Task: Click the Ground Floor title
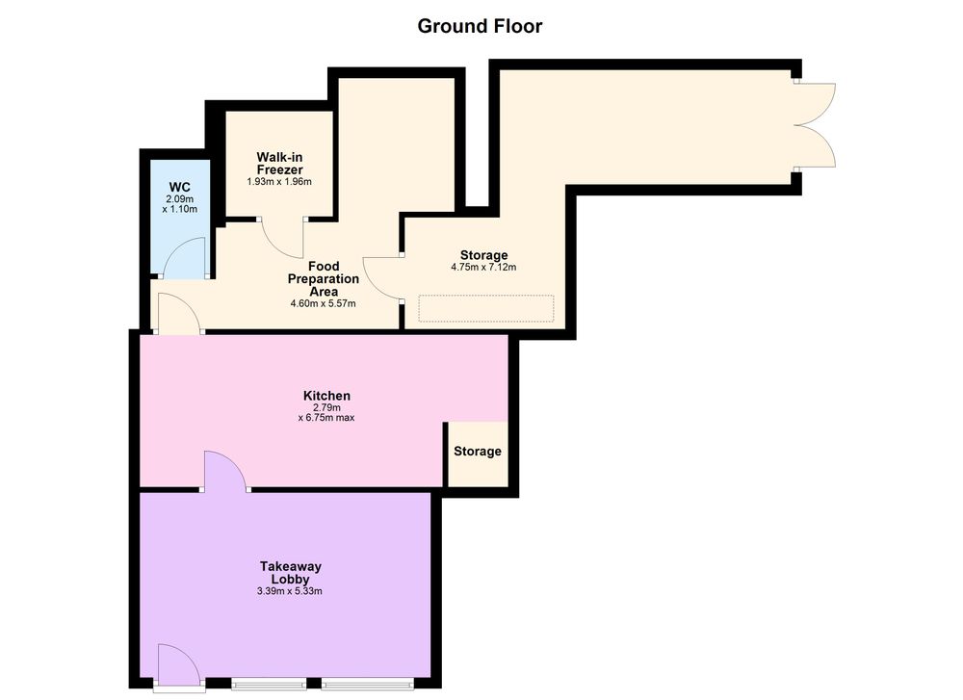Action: point(480,26)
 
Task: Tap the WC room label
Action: point(179,188)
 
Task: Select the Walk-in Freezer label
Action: point(279,164)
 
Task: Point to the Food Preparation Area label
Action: point(324,279)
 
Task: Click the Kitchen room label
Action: point(326,396)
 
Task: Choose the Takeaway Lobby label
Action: point(291,572)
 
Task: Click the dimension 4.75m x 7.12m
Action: point(484,267)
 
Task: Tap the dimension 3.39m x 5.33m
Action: point(290,591)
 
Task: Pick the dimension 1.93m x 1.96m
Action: point(279,182)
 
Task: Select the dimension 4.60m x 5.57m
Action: point(323,303)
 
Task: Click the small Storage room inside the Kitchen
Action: point(478,454)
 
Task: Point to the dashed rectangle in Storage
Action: point(485,309)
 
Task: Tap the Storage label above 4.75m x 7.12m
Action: point(484,255)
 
